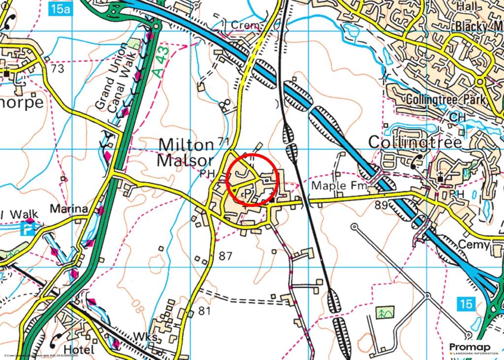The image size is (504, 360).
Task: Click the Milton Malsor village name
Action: tap(186, 153)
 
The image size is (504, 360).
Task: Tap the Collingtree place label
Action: tap(415, 143)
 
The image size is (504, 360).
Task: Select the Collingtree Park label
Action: tap(446, 99)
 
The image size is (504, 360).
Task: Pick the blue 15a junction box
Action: tap(61, 8)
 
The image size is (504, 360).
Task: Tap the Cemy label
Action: tap(473, 245)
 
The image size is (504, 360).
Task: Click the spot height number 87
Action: tap(225, 256)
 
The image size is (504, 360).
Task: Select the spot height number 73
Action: tap(57, 69)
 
